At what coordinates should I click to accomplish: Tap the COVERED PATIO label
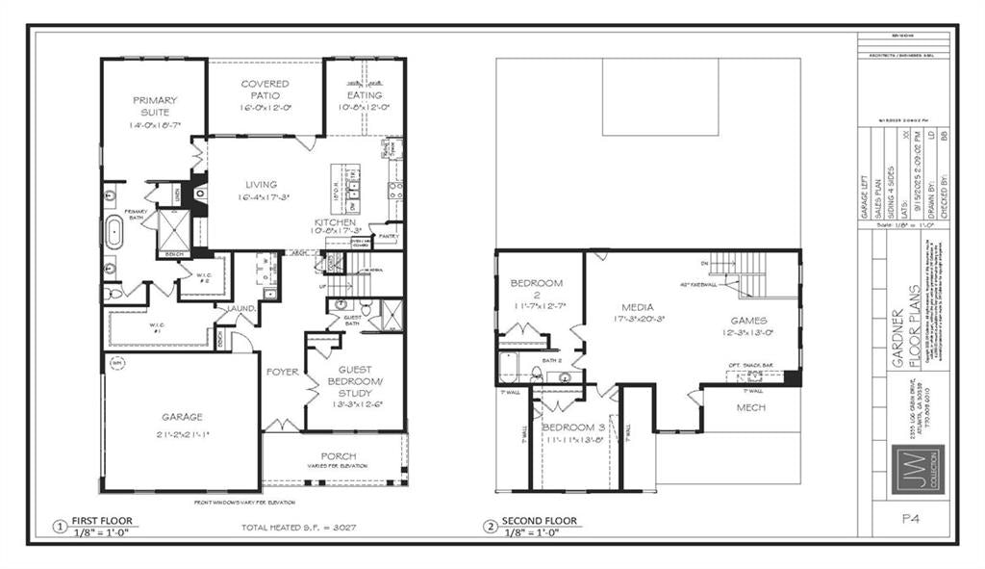tap(265, 91)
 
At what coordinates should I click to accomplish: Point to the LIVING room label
tap(261, 185)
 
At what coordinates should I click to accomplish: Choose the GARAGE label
tap(181, 417)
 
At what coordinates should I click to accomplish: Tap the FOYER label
tap(283, 371)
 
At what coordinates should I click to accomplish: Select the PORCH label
tap(339, 455)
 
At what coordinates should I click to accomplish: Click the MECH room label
tap(749, 407)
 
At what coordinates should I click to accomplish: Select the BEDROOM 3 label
tap(573, 427)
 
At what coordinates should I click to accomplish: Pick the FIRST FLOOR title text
tap(101, 521)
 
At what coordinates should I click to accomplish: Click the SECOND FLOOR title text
tap(540, 521)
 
